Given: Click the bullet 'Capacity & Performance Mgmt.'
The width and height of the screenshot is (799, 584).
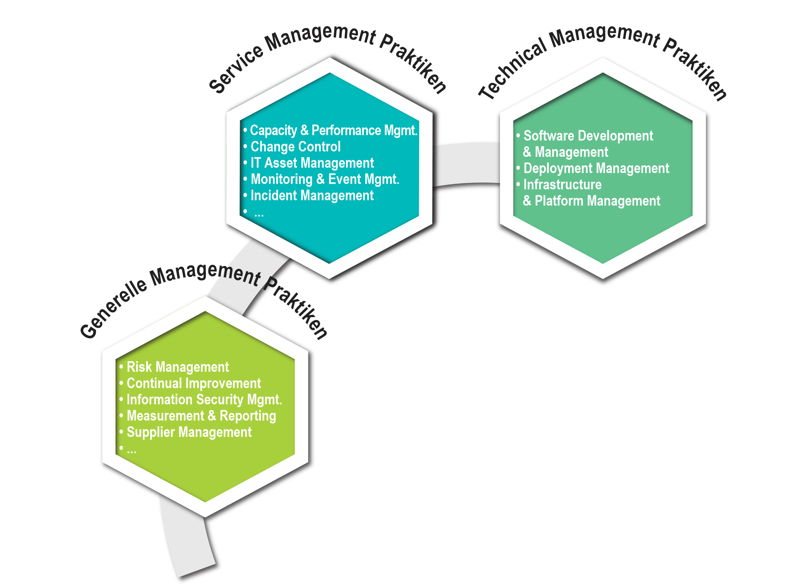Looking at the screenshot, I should click(333, 131).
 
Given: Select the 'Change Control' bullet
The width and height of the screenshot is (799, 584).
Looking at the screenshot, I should click(295, 147).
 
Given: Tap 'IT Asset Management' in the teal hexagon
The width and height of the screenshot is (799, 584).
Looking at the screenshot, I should click(312, 163).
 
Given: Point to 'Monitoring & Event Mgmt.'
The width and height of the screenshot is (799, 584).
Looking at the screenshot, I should click(325, 179).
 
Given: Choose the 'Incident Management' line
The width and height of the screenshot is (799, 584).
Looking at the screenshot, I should click(312, 196).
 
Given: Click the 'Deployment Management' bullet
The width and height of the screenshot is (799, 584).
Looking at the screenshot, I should click(596, 168).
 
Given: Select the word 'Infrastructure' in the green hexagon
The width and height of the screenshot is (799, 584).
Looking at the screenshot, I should click(562, 185).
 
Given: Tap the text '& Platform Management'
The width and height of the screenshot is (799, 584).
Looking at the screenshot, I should click(592, 201).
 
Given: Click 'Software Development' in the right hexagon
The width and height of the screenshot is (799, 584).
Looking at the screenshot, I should click(588, 136).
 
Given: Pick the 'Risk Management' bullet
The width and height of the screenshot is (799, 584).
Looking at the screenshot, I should click(177, 367).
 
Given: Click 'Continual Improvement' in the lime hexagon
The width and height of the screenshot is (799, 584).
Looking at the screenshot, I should click(193, 383).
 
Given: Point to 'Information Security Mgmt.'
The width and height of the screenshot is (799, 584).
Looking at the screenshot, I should click(204, 399).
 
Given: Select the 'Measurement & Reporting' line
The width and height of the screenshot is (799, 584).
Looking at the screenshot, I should click(201, 416).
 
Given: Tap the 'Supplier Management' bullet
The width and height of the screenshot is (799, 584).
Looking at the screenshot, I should click(189, 432).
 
